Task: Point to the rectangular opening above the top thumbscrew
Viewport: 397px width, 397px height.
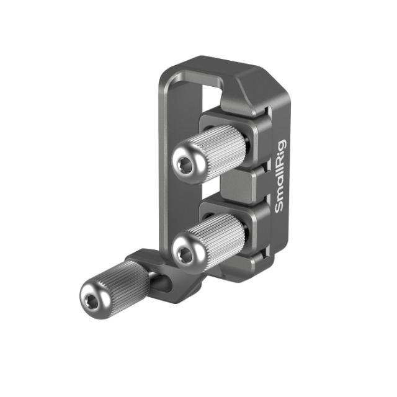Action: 212,99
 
